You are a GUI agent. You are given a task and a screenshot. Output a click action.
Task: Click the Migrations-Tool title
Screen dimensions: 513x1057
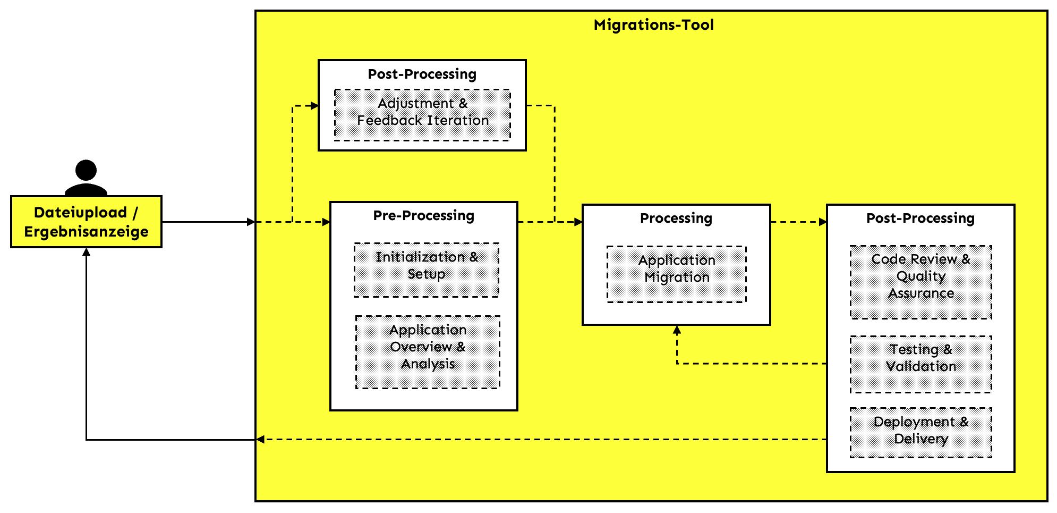(x=653, y=25)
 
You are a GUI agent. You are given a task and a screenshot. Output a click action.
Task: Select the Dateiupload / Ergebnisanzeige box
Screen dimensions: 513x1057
(x=86, y=222)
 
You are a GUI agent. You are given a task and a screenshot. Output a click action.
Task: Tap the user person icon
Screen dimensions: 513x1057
(x=86, y=178)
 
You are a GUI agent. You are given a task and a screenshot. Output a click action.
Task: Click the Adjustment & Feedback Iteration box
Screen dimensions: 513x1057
(x=422, y=115)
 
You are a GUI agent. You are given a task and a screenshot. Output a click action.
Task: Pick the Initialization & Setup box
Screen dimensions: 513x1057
(x=427, y=270)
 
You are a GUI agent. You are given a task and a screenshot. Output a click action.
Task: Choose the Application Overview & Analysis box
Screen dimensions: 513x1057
(x=428, y=352)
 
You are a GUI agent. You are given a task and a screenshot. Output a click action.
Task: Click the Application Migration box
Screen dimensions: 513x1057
(x=676, y=274)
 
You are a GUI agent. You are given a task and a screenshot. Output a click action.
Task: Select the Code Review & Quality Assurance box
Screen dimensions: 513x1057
(x=920, y=282)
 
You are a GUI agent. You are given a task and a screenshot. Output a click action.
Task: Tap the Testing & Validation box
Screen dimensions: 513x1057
(x=920, y=364)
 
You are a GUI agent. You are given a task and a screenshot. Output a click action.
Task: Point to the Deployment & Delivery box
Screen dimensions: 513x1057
(x=920, y=432)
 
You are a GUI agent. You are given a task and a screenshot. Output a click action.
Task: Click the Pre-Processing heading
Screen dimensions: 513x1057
(x=423, y=215)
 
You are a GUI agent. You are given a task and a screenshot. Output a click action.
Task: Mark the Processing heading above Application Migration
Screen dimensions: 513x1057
(x=676, y=218)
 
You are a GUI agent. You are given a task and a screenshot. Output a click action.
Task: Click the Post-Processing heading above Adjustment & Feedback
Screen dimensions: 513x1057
(x=422, y=74)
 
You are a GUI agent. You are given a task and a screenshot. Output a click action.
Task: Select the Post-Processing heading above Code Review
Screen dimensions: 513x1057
(x=920, y=218)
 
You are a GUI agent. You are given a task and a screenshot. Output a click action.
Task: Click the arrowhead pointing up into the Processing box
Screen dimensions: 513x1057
(x=677, y=330)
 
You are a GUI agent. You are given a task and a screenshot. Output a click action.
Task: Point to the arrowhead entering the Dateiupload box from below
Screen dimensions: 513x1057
(x=86, y=252)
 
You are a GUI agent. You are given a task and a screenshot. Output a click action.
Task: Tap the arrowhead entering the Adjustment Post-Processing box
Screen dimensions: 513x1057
(x=314, y=106)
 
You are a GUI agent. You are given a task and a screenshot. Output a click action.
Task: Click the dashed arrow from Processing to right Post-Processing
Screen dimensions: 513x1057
(x=798, y=222)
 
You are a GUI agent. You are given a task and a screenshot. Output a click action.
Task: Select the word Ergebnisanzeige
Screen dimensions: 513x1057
(x=86, y=232)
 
